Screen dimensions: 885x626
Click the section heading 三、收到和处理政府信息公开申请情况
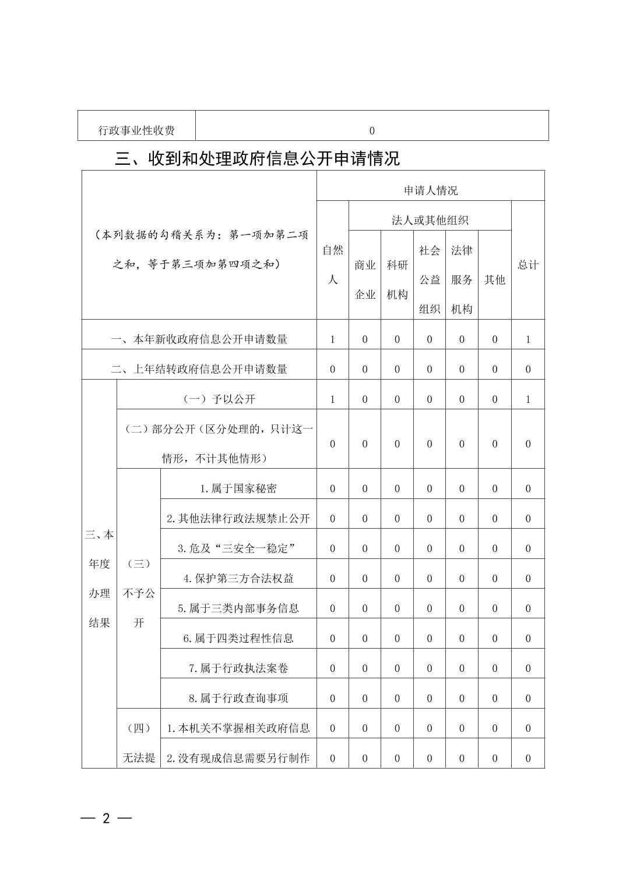(x=257, y=158)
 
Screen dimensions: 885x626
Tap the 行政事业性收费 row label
(x=136, y=130)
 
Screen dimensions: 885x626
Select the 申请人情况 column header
(x=430, y=190)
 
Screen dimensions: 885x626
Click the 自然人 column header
(x=332, y=265)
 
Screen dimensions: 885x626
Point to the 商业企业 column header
(x=365, y=279)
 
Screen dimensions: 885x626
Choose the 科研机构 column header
(x=397, y=279)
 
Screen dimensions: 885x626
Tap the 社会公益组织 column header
(x=429, y=279)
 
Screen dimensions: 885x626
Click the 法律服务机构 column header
(x=461, y=279)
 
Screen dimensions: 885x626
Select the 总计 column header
(x=527, y=265)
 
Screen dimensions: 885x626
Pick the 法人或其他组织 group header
(x=430, y=220)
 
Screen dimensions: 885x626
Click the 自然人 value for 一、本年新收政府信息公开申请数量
(x=332, y=339)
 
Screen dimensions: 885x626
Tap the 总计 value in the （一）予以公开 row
(x=527, y=399)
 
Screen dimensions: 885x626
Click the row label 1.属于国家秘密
(x=238, y=488)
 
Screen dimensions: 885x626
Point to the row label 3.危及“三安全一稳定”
(x=238, y=548)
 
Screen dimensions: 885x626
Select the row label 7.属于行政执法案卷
(x=238, y=668)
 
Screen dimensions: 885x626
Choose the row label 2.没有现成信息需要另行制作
(x=238, y=758)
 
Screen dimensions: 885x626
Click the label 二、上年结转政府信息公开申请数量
(x=199, y=369)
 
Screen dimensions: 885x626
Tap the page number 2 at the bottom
(x=106, y=818)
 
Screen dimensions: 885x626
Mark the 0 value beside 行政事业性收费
(x=372, y=130)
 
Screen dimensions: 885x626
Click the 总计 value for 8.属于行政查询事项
(x=527, y=698)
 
